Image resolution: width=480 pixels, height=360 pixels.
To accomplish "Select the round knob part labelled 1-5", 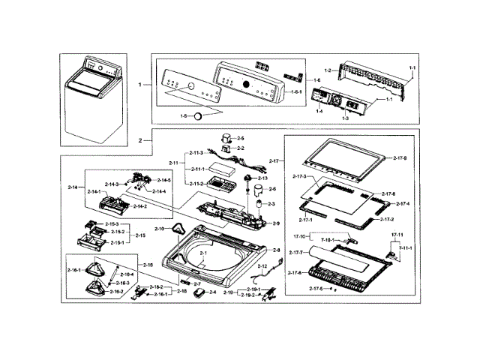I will (x=198, y=116).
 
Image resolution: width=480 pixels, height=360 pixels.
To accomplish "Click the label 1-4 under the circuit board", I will (x=319, y=111).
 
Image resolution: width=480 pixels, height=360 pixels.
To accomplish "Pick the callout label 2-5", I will (x=241, y=139).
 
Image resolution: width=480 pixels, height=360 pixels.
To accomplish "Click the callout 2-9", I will (x=275, y=223).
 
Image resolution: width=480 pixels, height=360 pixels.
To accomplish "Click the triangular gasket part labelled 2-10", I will (x=178, y=228).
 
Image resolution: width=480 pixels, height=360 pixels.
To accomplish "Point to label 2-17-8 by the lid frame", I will (x=400, y=158).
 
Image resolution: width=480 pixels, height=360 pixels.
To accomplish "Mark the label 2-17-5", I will (x=316, y=289).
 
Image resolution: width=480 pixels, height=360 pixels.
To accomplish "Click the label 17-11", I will (x=397, y=235).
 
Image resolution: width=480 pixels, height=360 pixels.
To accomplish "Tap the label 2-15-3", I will (x=112, y=224).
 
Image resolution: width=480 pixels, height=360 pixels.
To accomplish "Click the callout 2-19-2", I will (x=251, y=295).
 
